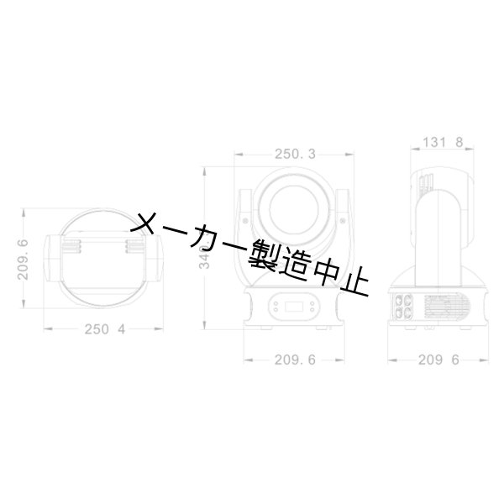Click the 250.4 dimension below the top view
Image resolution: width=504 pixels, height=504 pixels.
(x=104, y=329)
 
